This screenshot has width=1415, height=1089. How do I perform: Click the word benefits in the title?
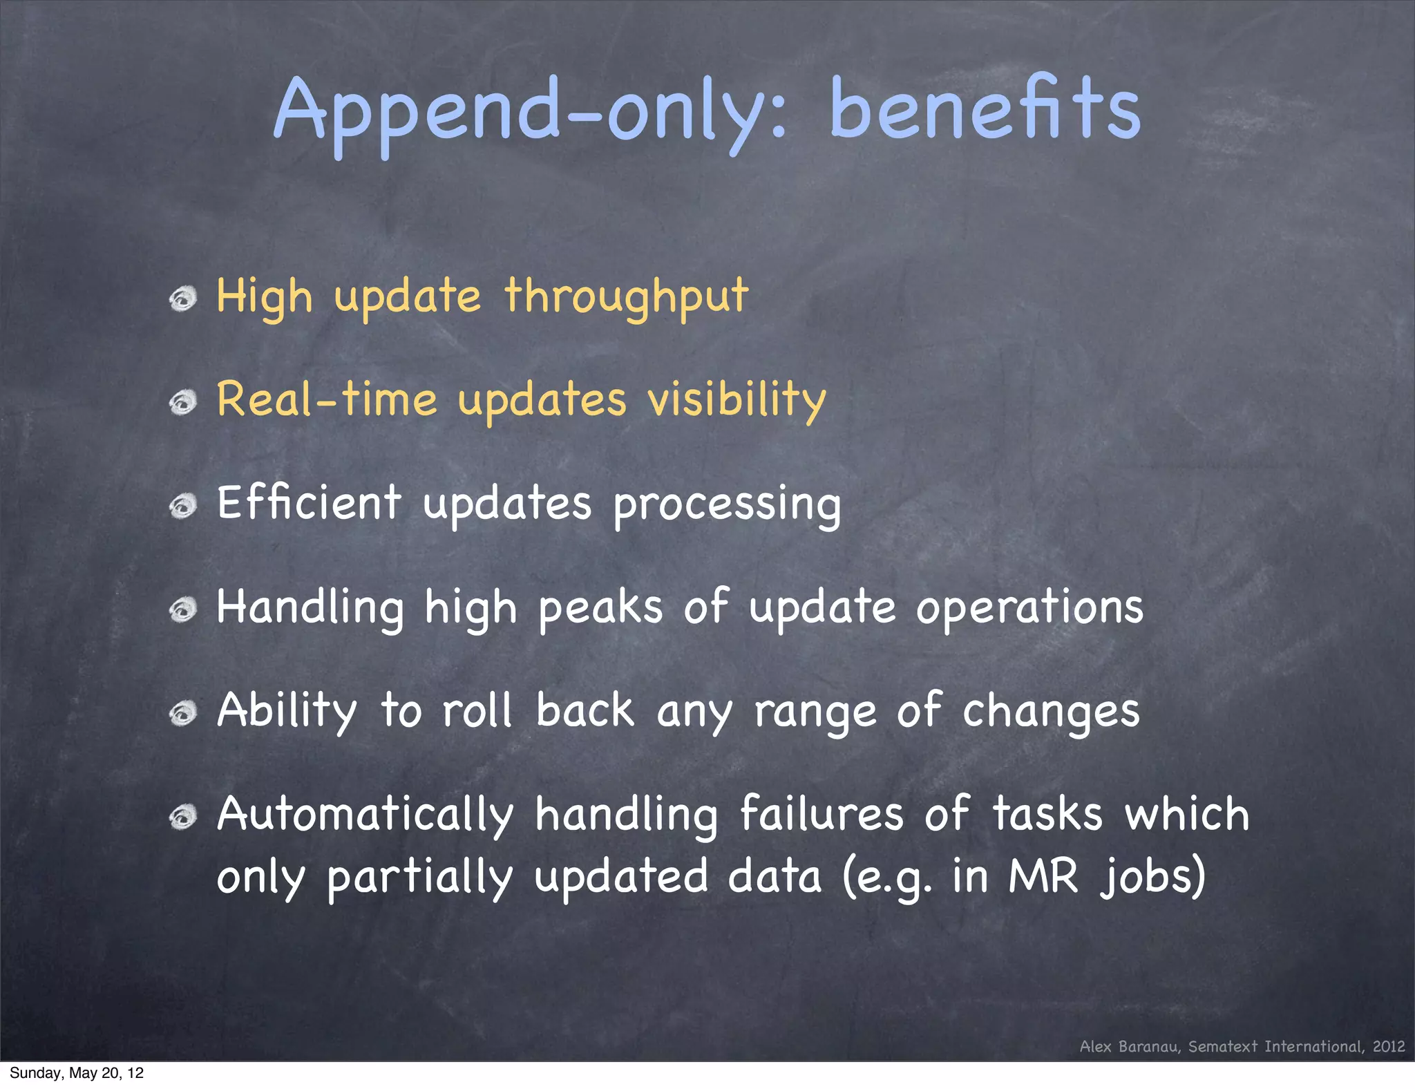pos(984,108)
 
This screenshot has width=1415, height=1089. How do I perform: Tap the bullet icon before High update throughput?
pos(183,299)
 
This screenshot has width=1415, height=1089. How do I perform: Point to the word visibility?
pos(737,401)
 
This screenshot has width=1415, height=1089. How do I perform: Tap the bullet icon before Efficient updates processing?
pos(183,506)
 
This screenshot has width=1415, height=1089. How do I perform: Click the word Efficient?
pos(309,503)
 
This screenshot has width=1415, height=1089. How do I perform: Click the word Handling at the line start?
pos(310,607)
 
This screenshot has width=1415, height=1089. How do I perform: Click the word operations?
pos(1029,608)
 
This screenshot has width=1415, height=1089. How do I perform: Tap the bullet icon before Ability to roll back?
pos(183,714)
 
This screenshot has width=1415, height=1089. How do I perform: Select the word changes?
pos(1050,712)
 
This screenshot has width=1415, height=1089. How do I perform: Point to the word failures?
pos(821,814)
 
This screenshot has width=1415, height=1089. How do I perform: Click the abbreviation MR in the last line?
pos(1043,876)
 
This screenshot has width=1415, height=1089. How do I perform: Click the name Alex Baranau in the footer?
pos(1129,1047)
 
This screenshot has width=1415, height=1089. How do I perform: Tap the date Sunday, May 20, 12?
pos(77,1073)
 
